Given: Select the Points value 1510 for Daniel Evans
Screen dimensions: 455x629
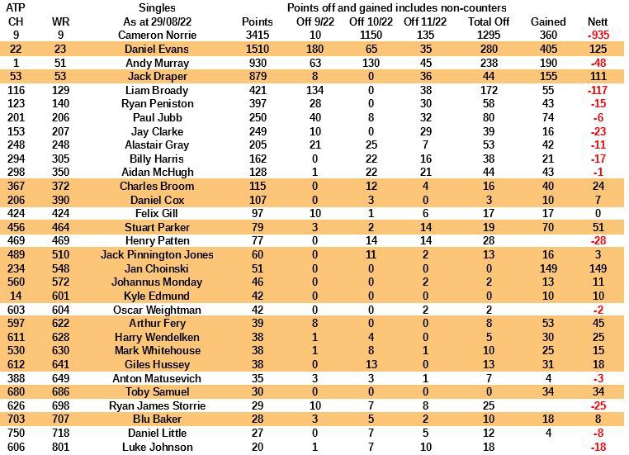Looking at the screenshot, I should pyautogui.click(x=257, y=50).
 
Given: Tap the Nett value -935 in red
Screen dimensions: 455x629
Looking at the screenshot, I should pyautogui.click(x=597, y=36).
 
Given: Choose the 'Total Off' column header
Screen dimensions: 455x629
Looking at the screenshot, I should pyautogui.click(x=489, y=21).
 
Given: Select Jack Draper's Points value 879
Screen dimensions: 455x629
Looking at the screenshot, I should pyautogui.click(x=257, y=77).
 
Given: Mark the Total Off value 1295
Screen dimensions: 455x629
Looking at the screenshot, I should pyautogui.click(x=489, y=36).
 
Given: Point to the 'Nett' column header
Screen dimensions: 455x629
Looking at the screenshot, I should pyautogui.click(x=597, y=21).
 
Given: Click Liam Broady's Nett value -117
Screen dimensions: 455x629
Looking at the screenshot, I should pyautogui.click(x=597, y=90).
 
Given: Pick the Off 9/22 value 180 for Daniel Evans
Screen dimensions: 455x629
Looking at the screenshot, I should pyautogui.click(x=314, y=50).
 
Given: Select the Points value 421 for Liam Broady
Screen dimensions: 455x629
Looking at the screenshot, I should pyautogui.click(x=257, y=90).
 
